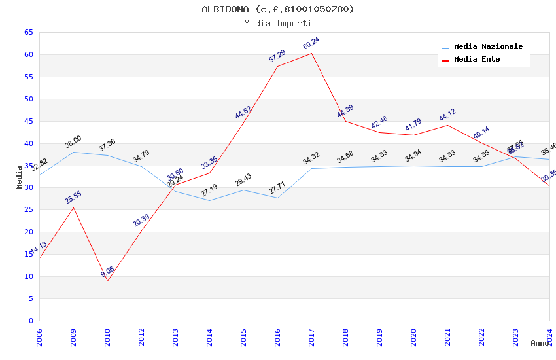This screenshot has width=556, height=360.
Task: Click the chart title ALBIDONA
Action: (x=277, y=9)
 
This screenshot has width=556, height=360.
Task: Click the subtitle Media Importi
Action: (x=277, y=23)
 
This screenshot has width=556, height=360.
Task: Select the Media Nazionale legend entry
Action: (x=488, y=47)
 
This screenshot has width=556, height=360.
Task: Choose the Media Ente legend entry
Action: (x=477, y=60)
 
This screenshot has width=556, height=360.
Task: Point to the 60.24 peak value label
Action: (x=311, y=44)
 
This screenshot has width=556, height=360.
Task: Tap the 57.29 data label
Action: (x=277, y=56)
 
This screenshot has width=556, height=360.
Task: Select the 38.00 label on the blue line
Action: (x=73, y=142)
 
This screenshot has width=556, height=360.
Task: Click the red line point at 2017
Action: (x=311, y=53)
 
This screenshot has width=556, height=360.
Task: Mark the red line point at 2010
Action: (x=107, y=281)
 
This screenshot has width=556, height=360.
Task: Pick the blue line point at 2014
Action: (x=209, y=200)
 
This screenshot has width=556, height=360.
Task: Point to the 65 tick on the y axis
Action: (x=29, y=32)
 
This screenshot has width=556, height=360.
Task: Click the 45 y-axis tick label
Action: (x=29, y=121)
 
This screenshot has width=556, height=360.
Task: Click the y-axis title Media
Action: (x=20, y=177)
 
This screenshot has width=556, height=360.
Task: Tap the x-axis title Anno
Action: (x=540, y=343)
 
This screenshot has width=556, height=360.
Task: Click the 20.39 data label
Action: (x=141, y=221)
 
